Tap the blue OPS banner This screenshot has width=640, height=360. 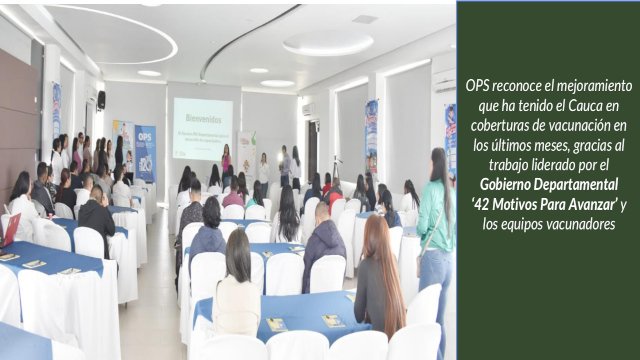tap(145, 151)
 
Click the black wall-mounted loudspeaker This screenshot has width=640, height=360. tap(101, 99)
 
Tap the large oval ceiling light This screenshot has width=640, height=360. tap(327, 42)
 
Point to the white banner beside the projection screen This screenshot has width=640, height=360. tap(246, 152)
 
